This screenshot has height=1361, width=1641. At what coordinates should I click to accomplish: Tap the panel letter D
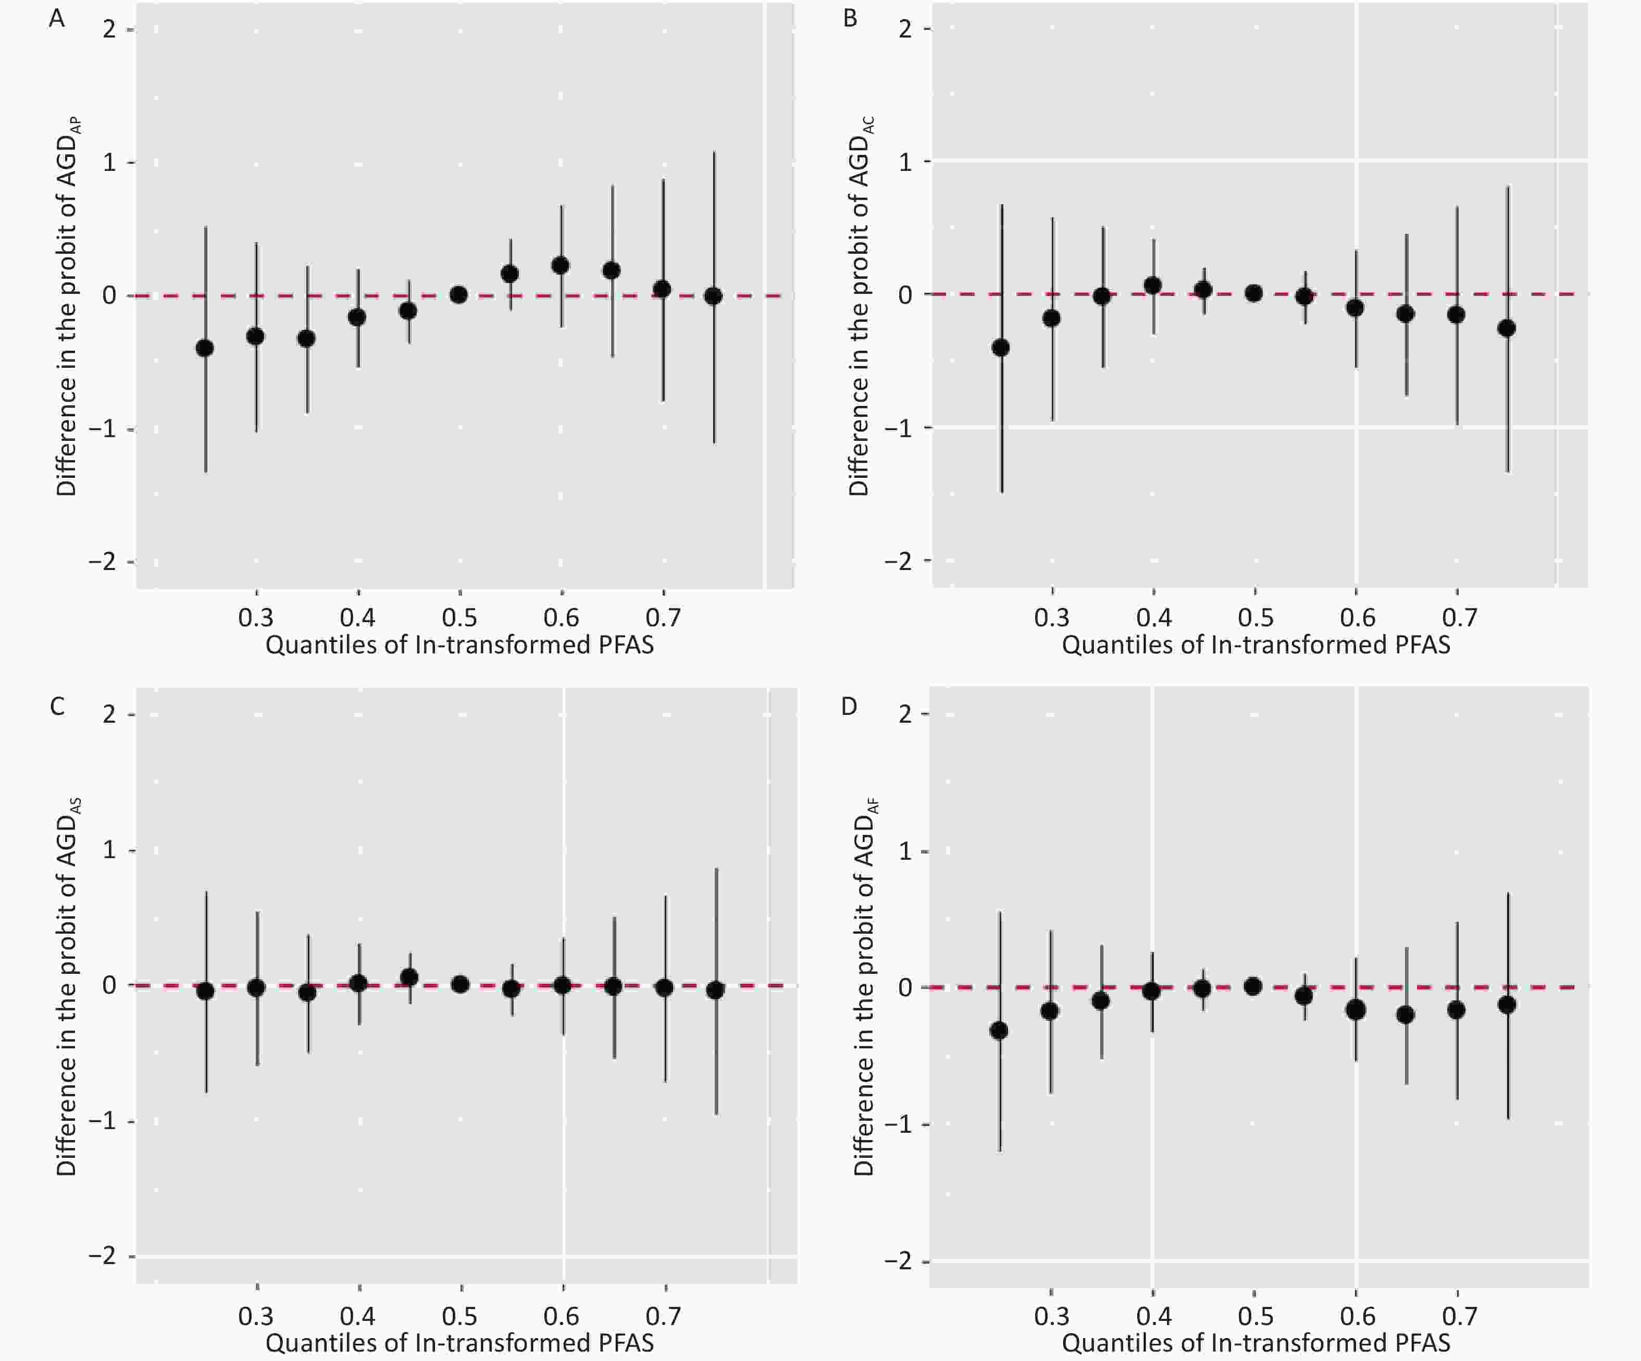point(849,707)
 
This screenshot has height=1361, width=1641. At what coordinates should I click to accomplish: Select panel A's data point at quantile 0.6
point(561,266)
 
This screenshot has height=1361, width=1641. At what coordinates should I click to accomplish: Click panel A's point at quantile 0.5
point(458,295)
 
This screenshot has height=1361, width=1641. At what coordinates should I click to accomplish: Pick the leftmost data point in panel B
point(1000,347)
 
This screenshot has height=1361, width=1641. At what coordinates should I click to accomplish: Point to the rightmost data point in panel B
point(1507,328)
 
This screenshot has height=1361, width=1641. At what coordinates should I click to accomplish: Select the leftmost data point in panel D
point(999,1031)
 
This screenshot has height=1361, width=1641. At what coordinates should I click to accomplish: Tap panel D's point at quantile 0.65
point(1406,1014)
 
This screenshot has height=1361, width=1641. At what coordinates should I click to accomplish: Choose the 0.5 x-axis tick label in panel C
point(459,1316)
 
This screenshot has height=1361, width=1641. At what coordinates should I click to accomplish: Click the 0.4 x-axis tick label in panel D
point(1153,1316)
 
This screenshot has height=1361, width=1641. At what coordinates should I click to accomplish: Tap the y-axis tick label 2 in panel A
point(109,30)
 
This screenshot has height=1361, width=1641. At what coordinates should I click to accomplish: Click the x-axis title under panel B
point(1255,645)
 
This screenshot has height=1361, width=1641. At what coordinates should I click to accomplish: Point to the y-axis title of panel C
point(67,986)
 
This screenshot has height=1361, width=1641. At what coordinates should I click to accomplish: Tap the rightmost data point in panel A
point(713,296)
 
